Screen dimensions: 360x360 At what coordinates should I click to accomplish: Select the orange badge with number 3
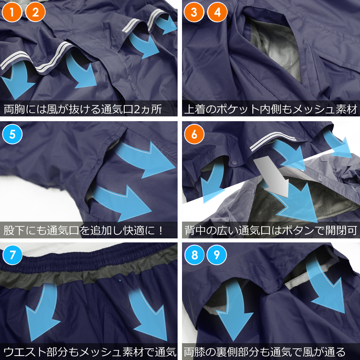(194, 12)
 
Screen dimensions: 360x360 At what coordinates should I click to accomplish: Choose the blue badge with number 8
(194, 255)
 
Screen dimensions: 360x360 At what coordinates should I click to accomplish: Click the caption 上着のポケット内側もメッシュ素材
(270, 109)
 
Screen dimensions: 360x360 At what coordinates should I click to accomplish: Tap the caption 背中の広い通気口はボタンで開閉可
(270, 230)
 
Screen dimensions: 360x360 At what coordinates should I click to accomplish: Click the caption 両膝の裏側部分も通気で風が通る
(265, 352)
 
